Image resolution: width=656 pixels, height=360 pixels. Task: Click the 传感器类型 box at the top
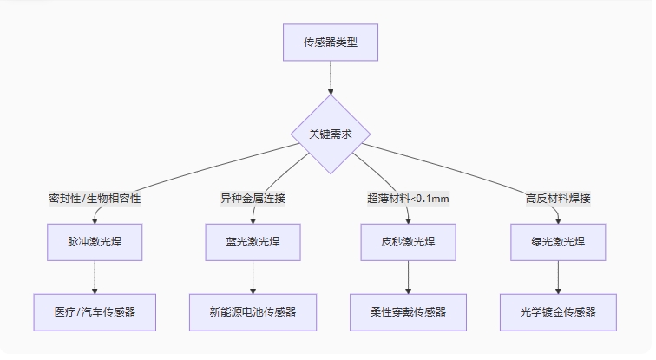coord(331,42)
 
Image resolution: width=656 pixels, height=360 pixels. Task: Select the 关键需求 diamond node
coord(331,134)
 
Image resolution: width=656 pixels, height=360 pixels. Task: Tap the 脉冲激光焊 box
coord(94,242)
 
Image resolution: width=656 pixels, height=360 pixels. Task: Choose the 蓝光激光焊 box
coord(253,242)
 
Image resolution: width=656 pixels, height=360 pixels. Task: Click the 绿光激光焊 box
coord(558,242)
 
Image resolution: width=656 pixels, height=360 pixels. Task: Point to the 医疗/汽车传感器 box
coord(94,312)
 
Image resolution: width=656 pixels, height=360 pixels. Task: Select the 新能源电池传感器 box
coord(253,312)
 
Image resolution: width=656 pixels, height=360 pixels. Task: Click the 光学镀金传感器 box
coord(558,312)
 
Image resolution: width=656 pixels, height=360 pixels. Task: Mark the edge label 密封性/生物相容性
coord(94,198)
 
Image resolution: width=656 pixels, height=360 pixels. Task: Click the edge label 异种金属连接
coord(253,198)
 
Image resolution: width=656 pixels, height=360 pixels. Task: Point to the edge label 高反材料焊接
coord(558,198)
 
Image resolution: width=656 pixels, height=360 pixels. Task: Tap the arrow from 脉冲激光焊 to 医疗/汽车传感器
coord(94,278)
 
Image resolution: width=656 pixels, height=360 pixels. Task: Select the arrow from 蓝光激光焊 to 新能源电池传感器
coord(253,278)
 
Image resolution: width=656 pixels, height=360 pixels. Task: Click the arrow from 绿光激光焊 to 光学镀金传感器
coord(558,278)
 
